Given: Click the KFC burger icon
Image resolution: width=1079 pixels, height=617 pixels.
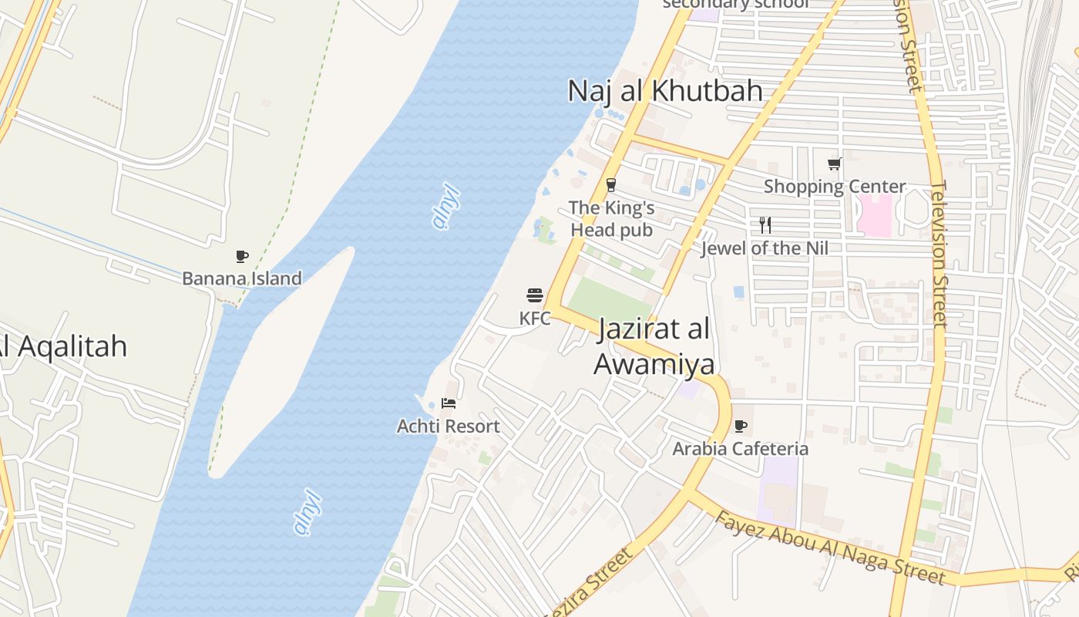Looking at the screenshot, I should click(535, 295).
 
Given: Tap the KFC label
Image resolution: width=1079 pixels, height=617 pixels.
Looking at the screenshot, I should click(535, 318).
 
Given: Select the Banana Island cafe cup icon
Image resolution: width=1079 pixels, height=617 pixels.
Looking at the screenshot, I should click(242, 256).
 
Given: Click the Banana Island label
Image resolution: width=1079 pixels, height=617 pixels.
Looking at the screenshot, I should click(242, 278).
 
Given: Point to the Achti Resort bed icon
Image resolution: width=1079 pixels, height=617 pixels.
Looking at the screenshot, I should click(449, 403).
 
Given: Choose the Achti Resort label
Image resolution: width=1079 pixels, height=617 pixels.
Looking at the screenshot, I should click(449, 426).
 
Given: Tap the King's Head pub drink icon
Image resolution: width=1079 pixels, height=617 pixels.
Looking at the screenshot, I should click(611, 185).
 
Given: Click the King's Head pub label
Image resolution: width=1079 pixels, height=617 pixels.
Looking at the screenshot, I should click(612, 219).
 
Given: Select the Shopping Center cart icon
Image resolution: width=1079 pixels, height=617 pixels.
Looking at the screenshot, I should click(834, 164).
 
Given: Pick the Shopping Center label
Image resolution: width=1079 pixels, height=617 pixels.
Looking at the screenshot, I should click(835, 187).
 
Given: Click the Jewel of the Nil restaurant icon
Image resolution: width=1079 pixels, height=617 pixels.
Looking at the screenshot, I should click(765, 225).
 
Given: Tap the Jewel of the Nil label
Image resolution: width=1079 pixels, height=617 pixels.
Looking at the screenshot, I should click(765, 248).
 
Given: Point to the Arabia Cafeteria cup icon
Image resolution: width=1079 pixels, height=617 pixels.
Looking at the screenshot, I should click(741, 426).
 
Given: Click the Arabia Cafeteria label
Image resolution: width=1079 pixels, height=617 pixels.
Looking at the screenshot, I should click(741, 448).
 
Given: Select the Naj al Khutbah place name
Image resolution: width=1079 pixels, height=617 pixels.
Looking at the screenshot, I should click(665, 91).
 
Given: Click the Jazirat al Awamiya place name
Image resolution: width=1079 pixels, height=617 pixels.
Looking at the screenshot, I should click(654, 346).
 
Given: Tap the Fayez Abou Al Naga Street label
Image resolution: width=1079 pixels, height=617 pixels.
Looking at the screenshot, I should click(829, 548).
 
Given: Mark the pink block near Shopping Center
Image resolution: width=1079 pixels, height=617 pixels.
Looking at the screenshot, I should click(875, 215).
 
